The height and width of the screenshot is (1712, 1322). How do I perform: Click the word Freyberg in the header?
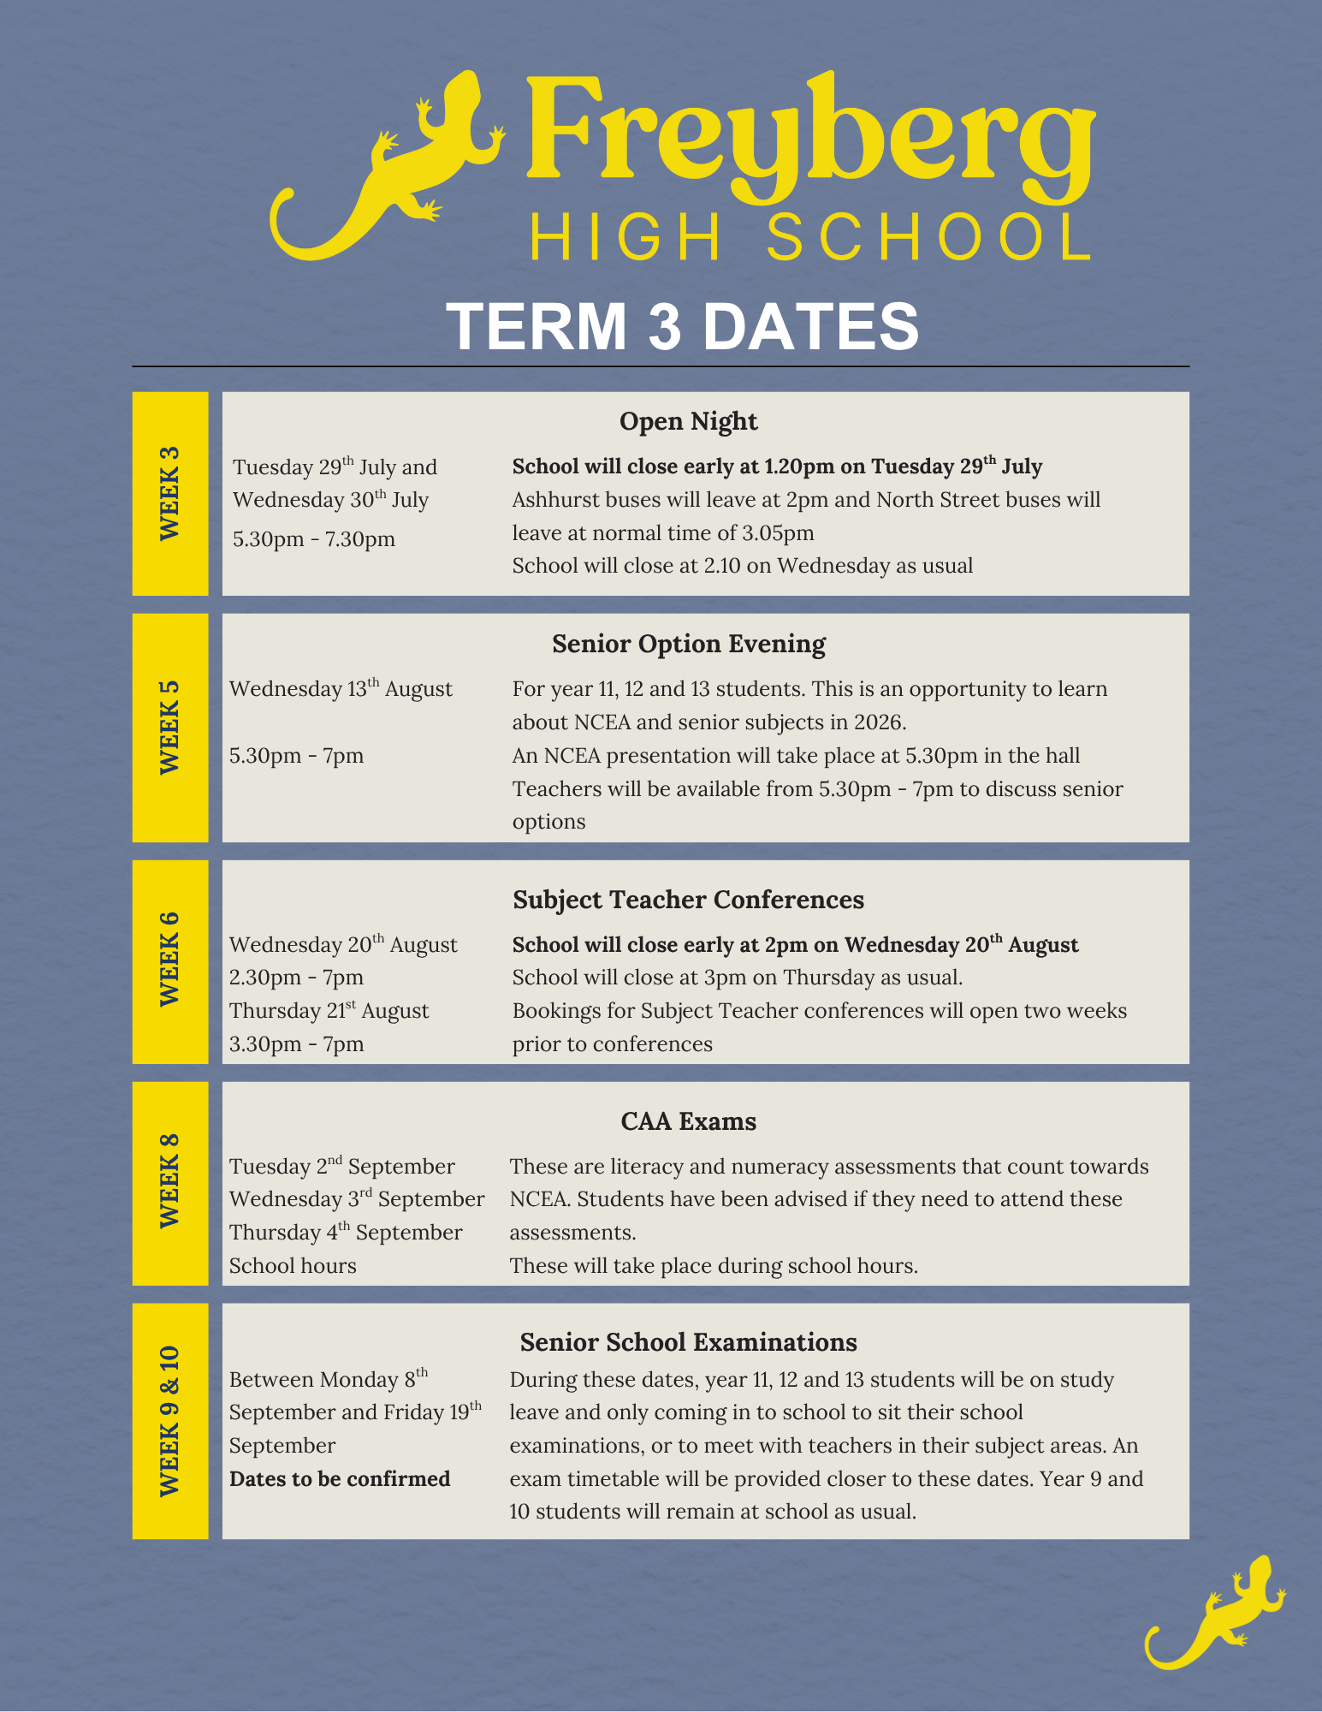coord(809,137)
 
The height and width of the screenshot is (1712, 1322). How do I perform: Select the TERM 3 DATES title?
coord(682,326)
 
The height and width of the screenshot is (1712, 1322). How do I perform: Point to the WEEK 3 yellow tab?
coord(170,493)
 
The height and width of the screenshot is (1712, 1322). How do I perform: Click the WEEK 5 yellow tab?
coord(170,727)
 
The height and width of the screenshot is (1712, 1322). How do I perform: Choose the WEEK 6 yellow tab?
coord(170,961)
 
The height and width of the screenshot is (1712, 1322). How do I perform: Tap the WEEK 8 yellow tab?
coord(170,1182)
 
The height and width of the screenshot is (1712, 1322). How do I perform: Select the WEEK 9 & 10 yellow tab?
coord(170,1420)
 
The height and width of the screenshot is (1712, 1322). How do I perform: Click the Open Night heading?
coord(688,421)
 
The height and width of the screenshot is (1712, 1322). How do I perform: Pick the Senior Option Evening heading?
coord(688,644)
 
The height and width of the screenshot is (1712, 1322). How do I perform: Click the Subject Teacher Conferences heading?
coord(688,900)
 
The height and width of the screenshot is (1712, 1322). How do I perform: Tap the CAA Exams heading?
coord(688,1121)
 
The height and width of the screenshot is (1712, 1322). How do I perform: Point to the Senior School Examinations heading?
coord(688,1342)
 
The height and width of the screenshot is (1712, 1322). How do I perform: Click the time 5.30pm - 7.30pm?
coord(314,539)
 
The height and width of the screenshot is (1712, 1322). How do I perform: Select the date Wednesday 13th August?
coord(341,689)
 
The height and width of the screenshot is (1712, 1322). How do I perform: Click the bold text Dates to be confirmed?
coord(340,1479)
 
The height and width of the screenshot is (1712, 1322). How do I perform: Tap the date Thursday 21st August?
coord(329,1011)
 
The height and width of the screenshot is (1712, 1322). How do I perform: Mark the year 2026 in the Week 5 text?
coord(878,722)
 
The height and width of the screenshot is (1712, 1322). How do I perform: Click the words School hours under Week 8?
coord(293,1266)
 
